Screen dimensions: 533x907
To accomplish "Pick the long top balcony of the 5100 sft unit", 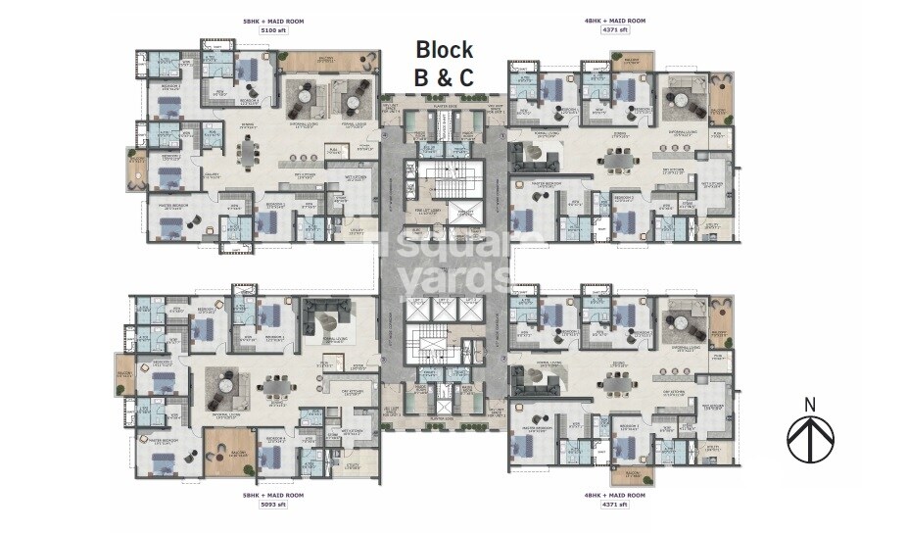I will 324,60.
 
